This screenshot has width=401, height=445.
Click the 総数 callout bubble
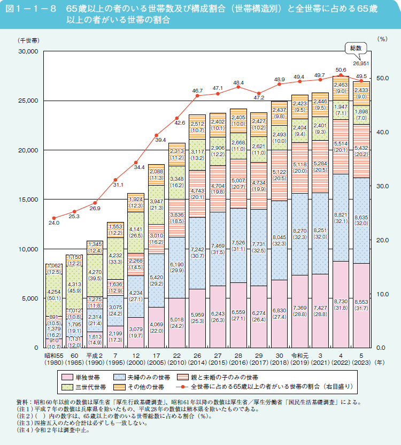click(x=356, y=48)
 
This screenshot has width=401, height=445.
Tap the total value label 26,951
click(x=361, y=64)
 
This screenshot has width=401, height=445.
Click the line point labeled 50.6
click(x=341, y=76)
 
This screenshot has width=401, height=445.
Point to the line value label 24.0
click(x=53, y=222)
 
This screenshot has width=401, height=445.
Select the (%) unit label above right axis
click(x=381, y=39)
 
